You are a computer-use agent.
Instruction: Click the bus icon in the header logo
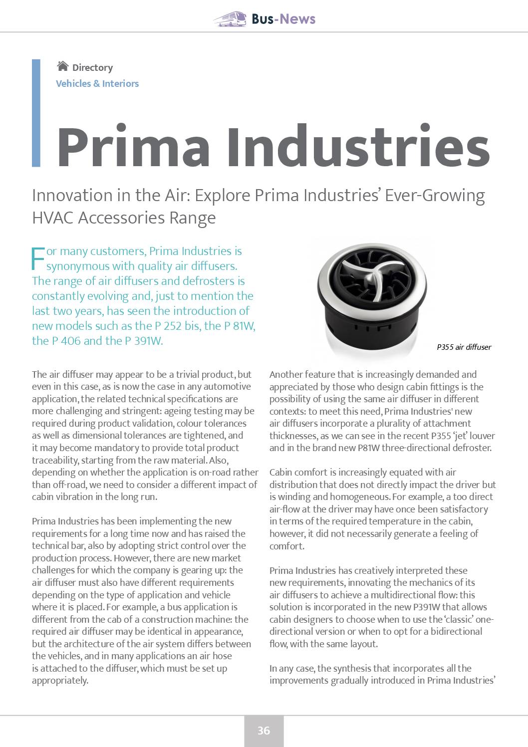click(x=231, y=19)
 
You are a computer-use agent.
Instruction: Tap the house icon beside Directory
click(x=62, y=66)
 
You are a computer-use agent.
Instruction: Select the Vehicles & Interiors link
click(x=97, y=83)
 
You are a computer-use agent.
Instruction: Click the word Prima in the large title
click(x=134, y=148)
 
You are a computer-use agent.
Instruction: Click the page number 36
click(x=264, y=731)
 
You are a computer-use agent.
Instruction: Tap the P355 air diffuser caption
click(x=464, y=347)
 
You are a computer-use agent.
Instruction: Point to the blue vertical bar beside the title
click(x=36, y=113)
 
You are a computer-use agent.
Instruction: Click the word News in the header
click(x=298, y=19)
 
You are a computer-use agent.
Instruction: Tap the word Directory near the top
click(x=92, y=67)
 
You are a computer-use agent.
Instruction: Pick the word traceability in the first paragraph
click(x=54, y=460)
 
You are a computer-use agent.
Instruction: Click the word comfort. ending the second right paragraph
click(x=287, y=546)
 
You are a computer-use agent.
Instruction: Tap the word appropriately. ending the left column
click(x=60, y=680)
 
